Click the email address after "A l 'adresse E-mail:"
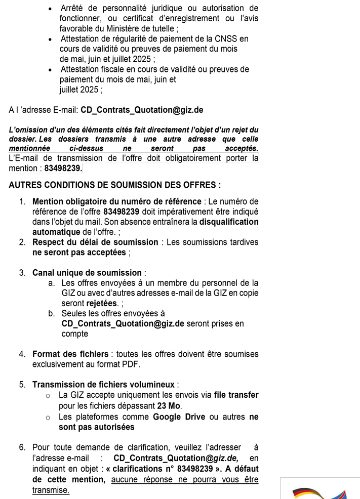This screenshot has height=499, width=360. click(x=142, y=110)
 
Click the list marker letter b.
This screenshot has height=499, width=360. click(x=52, y=314)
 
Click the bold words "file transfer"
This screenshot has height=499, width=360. click(x=236, y=395)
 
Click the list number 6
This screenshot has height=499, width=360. click(x=22, y=447)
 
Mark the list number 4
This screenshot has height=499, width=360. click(x=22, y=354)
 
